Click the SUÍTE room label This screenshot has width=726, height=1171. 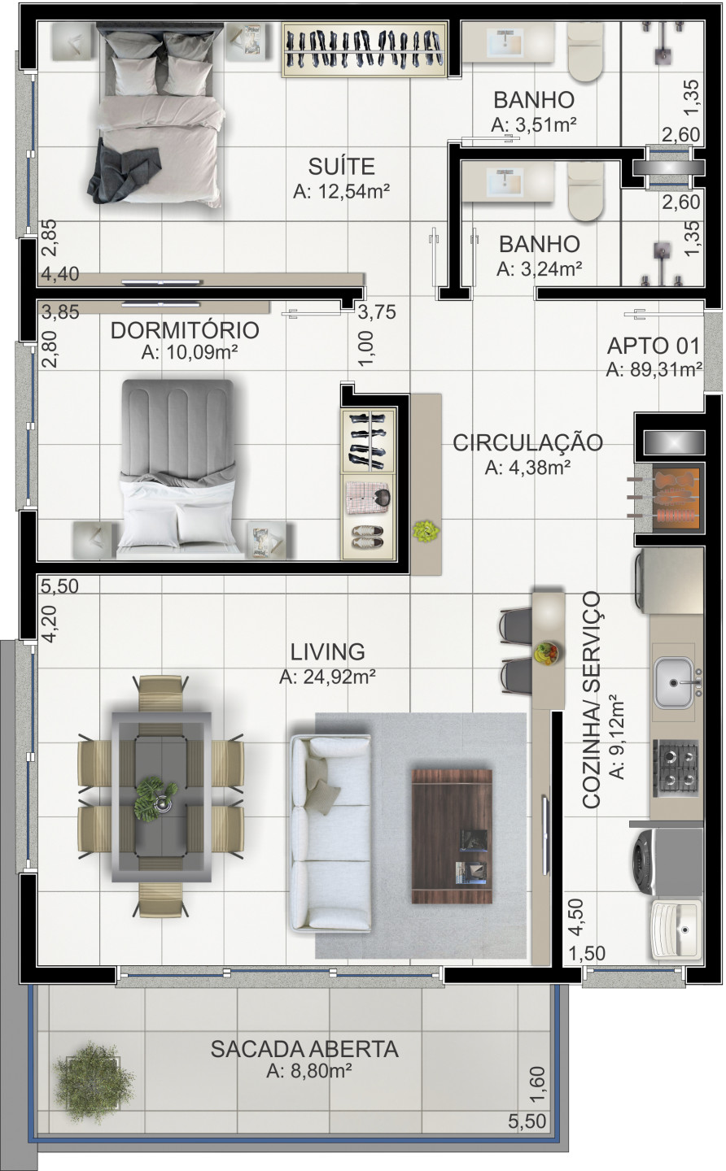[x=341, y=167]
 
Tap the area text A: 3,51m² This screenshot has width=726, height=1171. [x=534, y=125]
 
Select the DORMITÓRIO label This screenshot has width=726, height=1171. [x=185, y=331]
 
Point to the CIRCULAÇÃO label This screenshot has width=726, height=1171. [x=527, y=443]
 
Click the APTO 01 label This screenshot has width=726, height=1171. [x=654, y=346]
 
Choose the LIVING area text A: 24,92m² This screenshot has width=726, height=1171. [x=326, y=677]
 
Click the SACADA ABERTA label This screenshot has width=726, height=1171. [x=304, y=1049]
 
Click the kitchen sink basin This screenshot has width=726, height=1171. [x=674, y=681]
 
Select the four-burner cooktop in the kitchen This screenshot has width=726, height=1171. [x=675, y=767]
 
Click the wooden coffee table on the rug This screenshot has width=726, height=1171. [x=453, y=836]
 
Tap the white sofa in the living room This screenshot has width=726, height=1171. [x=330, y=832]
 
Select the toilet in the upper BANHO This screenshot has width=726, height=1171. [x=591, y=52]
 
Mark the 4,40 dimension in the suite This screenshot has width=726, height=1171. [x=60, y=275]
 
